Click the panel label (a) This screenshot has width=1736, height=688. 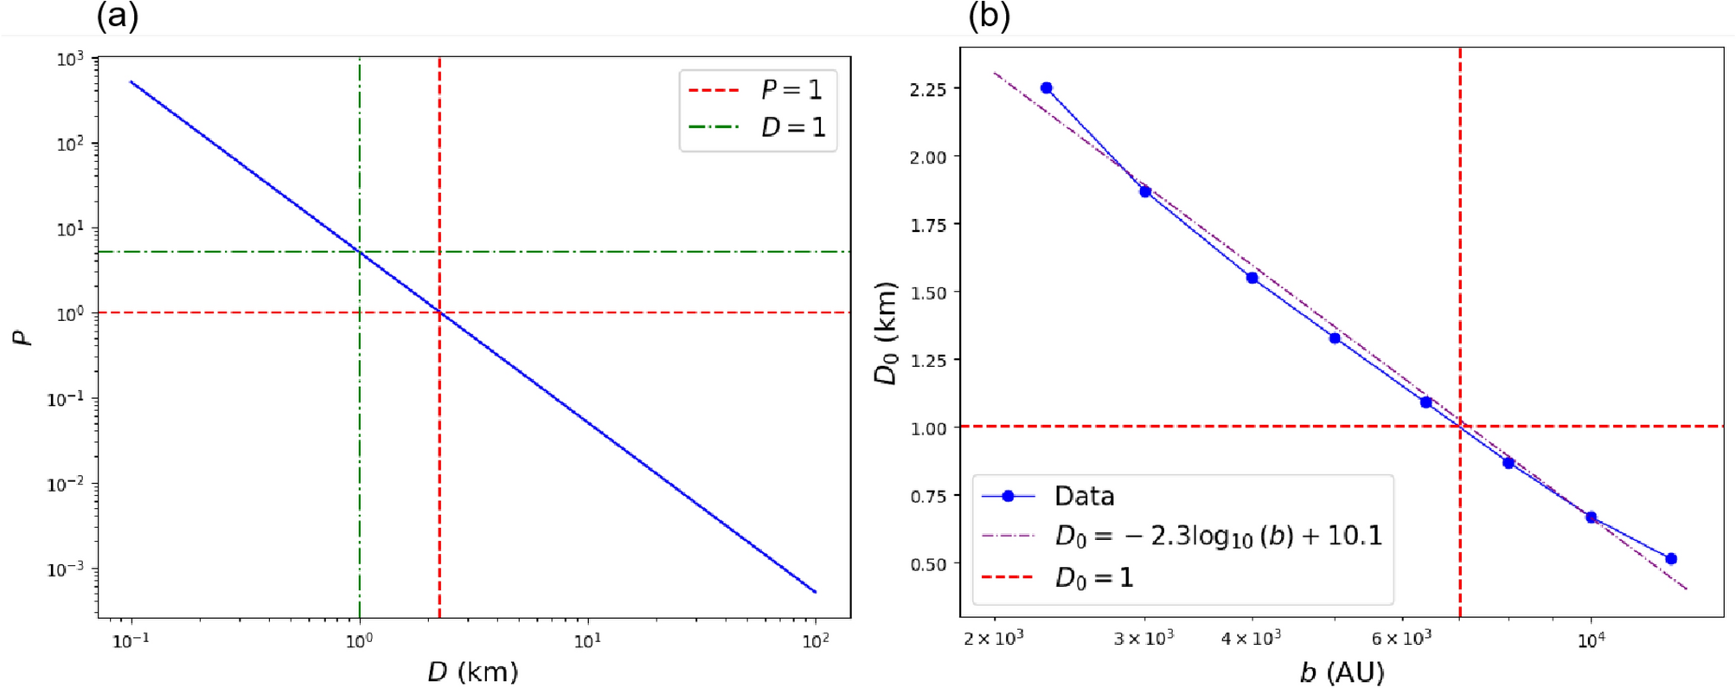(117, 16)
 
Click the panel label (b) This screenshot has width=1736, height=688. (989, 16)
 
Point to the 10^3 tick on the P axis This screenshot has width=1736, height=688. (71, 59)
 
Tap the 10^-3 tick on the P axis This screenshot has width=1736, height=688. (66, 569)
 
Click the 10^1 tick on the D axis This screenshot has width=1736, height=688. (587, 641)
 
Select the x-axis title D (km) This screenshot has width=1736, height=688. (472, 672)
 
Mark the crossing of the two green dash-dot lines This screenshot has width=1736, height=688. (360, 252)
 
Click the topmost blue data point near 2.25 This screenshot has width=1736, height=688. (1047, 88)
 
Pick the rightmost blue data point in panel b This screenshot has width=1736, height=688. (1671, 559)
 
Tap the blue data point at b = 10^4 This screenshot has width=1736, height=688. (1591, 518)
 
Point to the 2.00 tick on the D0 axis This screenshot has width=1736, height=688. (928, 157)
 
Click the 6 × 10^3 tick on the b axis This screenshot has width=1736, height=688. (1401, 640)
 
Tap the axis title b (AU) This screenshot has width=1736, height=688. (1342, 672)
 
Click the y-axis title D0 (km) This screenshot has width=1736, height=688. (887, 333)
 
